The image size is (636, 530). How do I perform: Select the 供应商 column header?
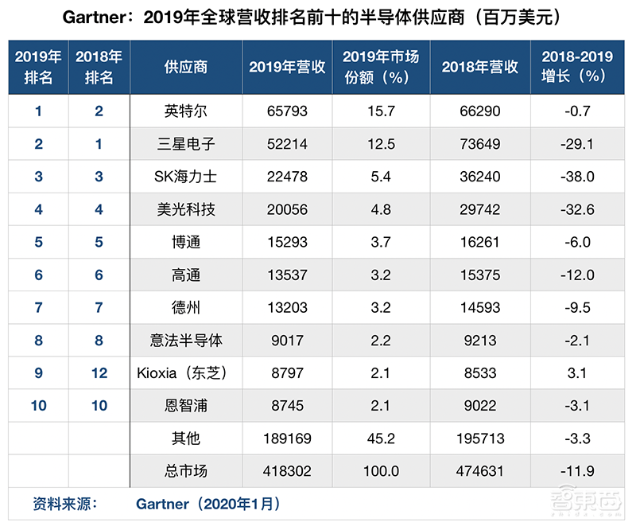[185, 67]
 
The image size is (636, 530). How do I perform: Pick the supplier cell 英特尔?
[185, 111]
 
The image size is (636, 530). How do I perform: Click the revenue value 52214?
[287, 144]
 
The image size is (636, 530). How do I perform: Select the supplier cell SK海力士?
[185, 177]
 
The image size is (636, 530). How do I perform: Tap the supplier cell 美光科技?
[185, 209]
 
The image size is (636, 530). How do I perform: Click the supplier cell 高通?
[185, 275]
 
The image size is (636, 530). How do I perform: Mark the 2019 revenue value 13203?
[287, 308]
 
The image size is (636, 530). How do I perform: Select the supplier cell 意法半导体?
[185, 341]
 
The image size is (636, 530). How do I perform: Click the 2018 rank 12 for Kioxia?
[99, 373]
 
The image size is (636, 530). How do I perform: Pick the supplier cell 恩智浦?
[185, 406]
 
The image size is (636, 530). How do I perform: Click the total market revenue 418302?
[287, 471]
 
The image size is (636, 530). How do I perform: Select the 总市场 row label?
[185, 471]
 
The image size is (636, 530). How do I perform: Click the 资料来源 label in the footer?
[64, 504]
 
